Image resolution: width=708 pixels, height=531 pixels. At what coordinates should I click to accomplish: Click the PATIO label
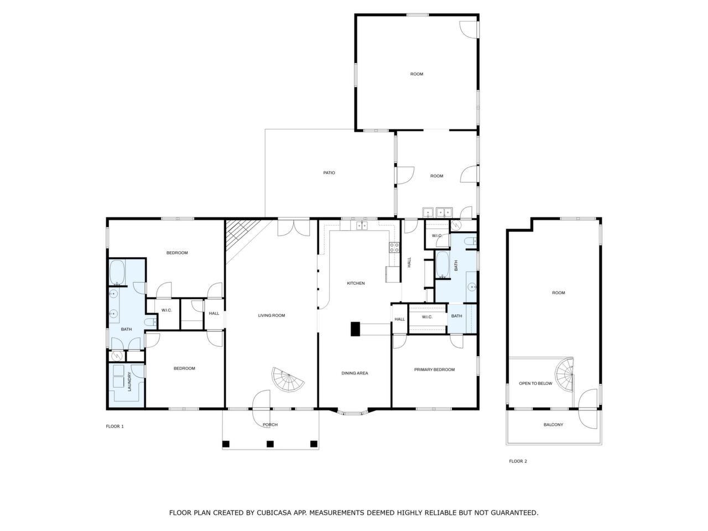[x=329, y=173]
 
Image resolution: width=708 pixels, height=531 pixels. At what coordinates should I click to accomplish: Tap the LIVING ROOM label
[x=271, y=316]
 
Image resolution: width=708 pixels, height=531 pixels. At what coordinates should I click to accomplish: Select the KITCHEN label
[x=356, y=284]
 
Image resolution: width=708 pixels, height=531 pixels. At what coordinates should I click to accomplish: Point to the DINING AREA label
[x=355, y=373]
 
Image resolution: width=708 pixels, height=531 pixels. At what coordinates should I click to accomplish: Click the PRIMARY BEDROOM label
[x=434, y=370]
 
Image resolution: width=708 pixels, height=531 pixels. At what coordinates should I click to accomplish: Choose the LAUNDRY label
[x=129, y=381]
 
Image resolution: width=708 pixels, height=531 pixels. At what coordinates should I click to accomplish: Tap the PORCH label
[x=270, y=425]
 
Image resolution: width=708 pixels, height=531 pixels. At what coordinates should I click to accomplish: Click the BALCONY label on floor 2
[x=553, y=425]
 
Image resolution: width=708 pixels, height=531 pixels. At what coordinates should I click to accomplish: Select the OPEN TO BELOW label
[x=535, y=383]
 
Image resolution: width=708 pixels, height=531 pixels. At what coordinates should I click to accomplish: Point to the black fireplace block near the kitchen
[x=355, y=329]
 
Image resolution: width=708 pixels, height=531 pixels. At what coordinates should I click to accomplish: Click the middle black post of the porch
[x=270, y=444]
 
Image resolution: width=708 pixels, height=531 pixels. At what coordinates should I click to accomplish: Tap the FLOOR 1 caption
[x=114, y=426]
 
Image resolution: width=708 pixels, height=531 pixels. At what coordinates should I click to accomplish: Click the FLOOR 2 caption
[x=518, y=461]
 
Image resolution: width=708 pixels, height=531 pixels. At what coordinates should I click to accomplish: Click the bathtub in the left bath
[x=117, y=272]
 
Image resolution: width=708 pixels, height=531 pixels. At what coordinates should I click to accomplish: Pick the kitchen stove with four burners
[x=394, y=247]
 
